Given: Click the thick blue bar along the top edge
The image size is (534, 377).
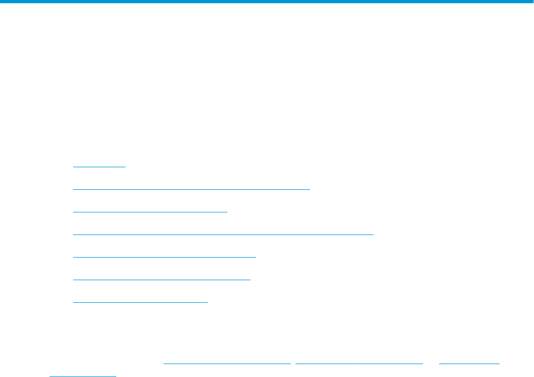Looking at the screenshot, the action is (267, 2).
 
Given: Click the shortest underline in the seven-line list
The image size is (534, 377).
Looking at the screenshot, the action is (99, 167).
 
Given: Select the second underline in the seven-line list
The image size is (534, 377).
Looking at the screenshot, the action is (192, 189).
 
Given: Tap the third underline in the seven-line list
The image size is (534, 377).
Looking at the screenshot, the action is (150, 212).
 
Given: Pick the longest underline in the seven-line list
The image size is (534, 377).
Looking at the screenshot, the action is (223, 234).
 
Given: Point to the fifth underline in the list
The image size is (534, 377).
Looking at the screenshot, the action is (165, 257).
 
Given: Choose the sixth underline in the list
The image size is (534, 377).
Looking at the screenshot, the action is (162, 280).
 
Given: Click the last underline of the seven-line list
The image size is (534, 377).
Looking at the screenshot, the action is (140, 302).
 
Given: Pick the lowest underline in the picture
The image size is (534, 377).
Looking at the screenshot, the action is (83, 376).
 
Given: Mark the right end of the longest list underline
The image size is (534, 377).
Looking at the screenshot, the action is (373, 234).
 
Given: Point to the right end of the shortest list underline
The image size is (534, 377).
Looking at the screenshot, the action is (125, 167).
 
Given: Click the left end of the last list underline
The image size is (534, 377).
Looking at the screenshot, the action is (73, 302).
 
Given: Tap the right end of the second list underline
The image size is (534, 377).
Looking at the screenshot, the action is (310, 189).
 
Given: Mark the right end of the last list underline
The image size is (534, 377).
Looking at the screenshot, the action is (207, 302).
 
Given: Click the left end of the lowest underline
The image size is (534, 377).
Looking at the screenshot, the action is (50, 376).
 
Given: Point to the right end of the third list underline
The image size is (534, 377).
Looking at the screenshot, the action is (227, 212).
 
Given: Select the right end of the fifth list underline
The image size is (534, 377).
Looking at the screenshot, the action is (256, 257).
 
